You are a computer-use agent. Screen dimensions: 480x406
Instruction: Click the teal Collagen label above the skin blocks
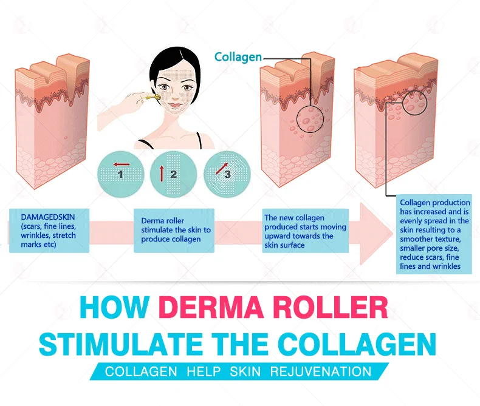(238, 57)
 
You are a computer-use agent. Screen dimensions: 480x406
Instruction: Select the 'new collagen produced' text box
(306, 231)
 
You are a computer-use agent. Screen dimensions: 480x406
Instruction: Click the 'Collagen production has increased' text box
(434, 234)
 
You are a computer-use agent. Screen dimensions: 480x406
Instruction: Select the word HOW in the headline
(115, 307)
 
